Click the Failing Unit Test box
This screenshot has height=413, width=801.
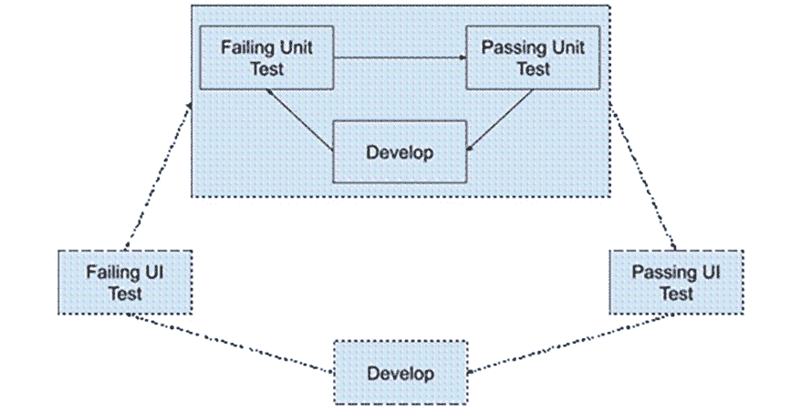click(x=266, y=57)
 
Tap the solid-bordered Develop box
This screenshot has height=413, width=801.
click(x=400, y=151)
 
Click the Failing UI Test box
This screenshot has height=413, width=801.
click(x=125, y=282)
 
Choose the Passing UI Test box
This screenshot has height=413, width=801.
click(x=676, y=282)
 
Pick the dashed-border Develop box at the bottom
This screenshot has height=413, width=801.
click(x=400, y=373)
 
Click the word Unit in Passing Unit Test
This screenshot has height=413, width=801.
click(x=563, y=47)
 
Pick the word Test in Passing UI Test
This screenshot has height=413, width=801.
click(x=676, y=293)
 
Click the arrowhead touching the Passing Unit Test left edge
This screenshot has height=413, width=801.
click(x=462, y=57)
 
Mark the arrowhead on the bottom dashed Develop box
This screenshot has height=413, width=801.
click(x=471, y=371)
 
